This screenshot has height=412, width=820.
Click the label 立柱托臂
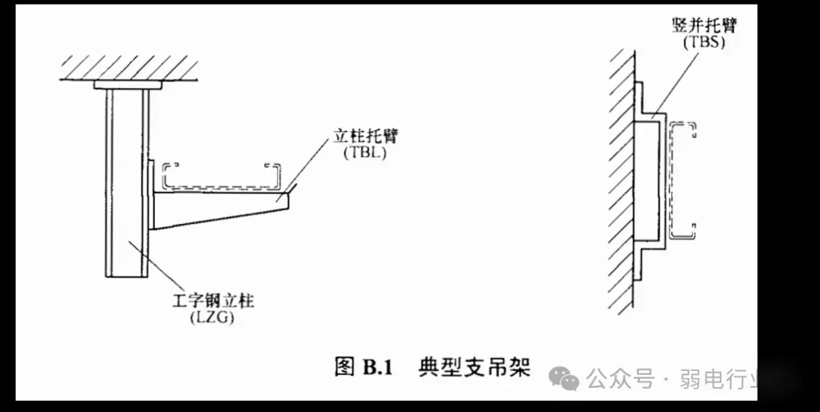coord(366,137)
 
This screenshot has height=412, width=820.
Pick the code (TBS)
coord(704,42)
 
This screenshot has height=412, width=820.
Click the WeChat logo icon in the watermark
coord(564,376)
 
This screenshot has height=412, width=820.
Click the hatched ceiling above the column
coord(129,68)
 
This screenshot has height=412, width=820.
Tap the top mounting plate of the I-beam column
coord(128,86)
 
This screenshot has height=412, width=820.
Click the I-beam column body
coord(125,182)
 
